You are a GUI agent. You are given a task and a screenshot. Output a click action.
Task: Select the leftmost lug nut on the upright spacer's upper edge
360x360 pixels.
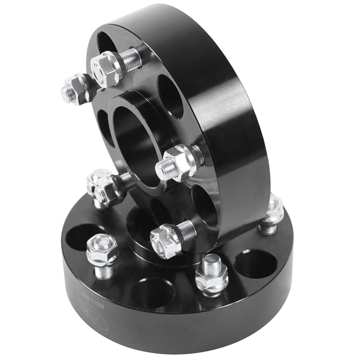click(76, 88)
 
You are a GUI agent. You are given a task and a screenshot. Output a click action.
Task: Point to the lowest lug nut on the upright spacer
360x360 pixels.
click(166, 240)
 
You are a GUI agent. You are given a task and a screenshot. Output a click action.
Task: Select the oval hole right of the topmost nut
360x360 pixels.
click(170, 96)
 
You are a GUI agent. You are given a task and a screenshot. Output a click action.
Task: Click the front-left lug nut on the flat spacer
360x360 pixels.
click(101, 251)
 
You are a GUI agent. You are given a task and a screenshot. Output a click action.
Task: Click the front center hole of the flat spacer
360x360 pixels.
click(153, 292)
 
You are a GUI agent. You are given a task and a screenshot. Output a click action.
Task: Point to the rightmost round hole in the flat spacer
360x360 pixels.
click(256, 263)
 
